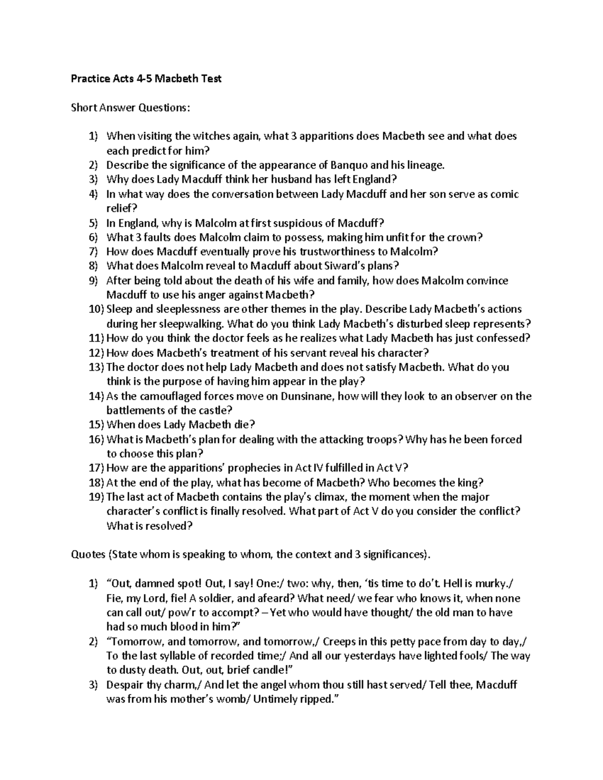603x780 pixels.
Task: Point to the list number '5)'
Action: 94,223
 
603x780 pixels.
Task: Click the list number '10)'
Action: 96,309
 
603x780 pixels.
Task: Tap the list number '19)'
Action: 96,497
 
